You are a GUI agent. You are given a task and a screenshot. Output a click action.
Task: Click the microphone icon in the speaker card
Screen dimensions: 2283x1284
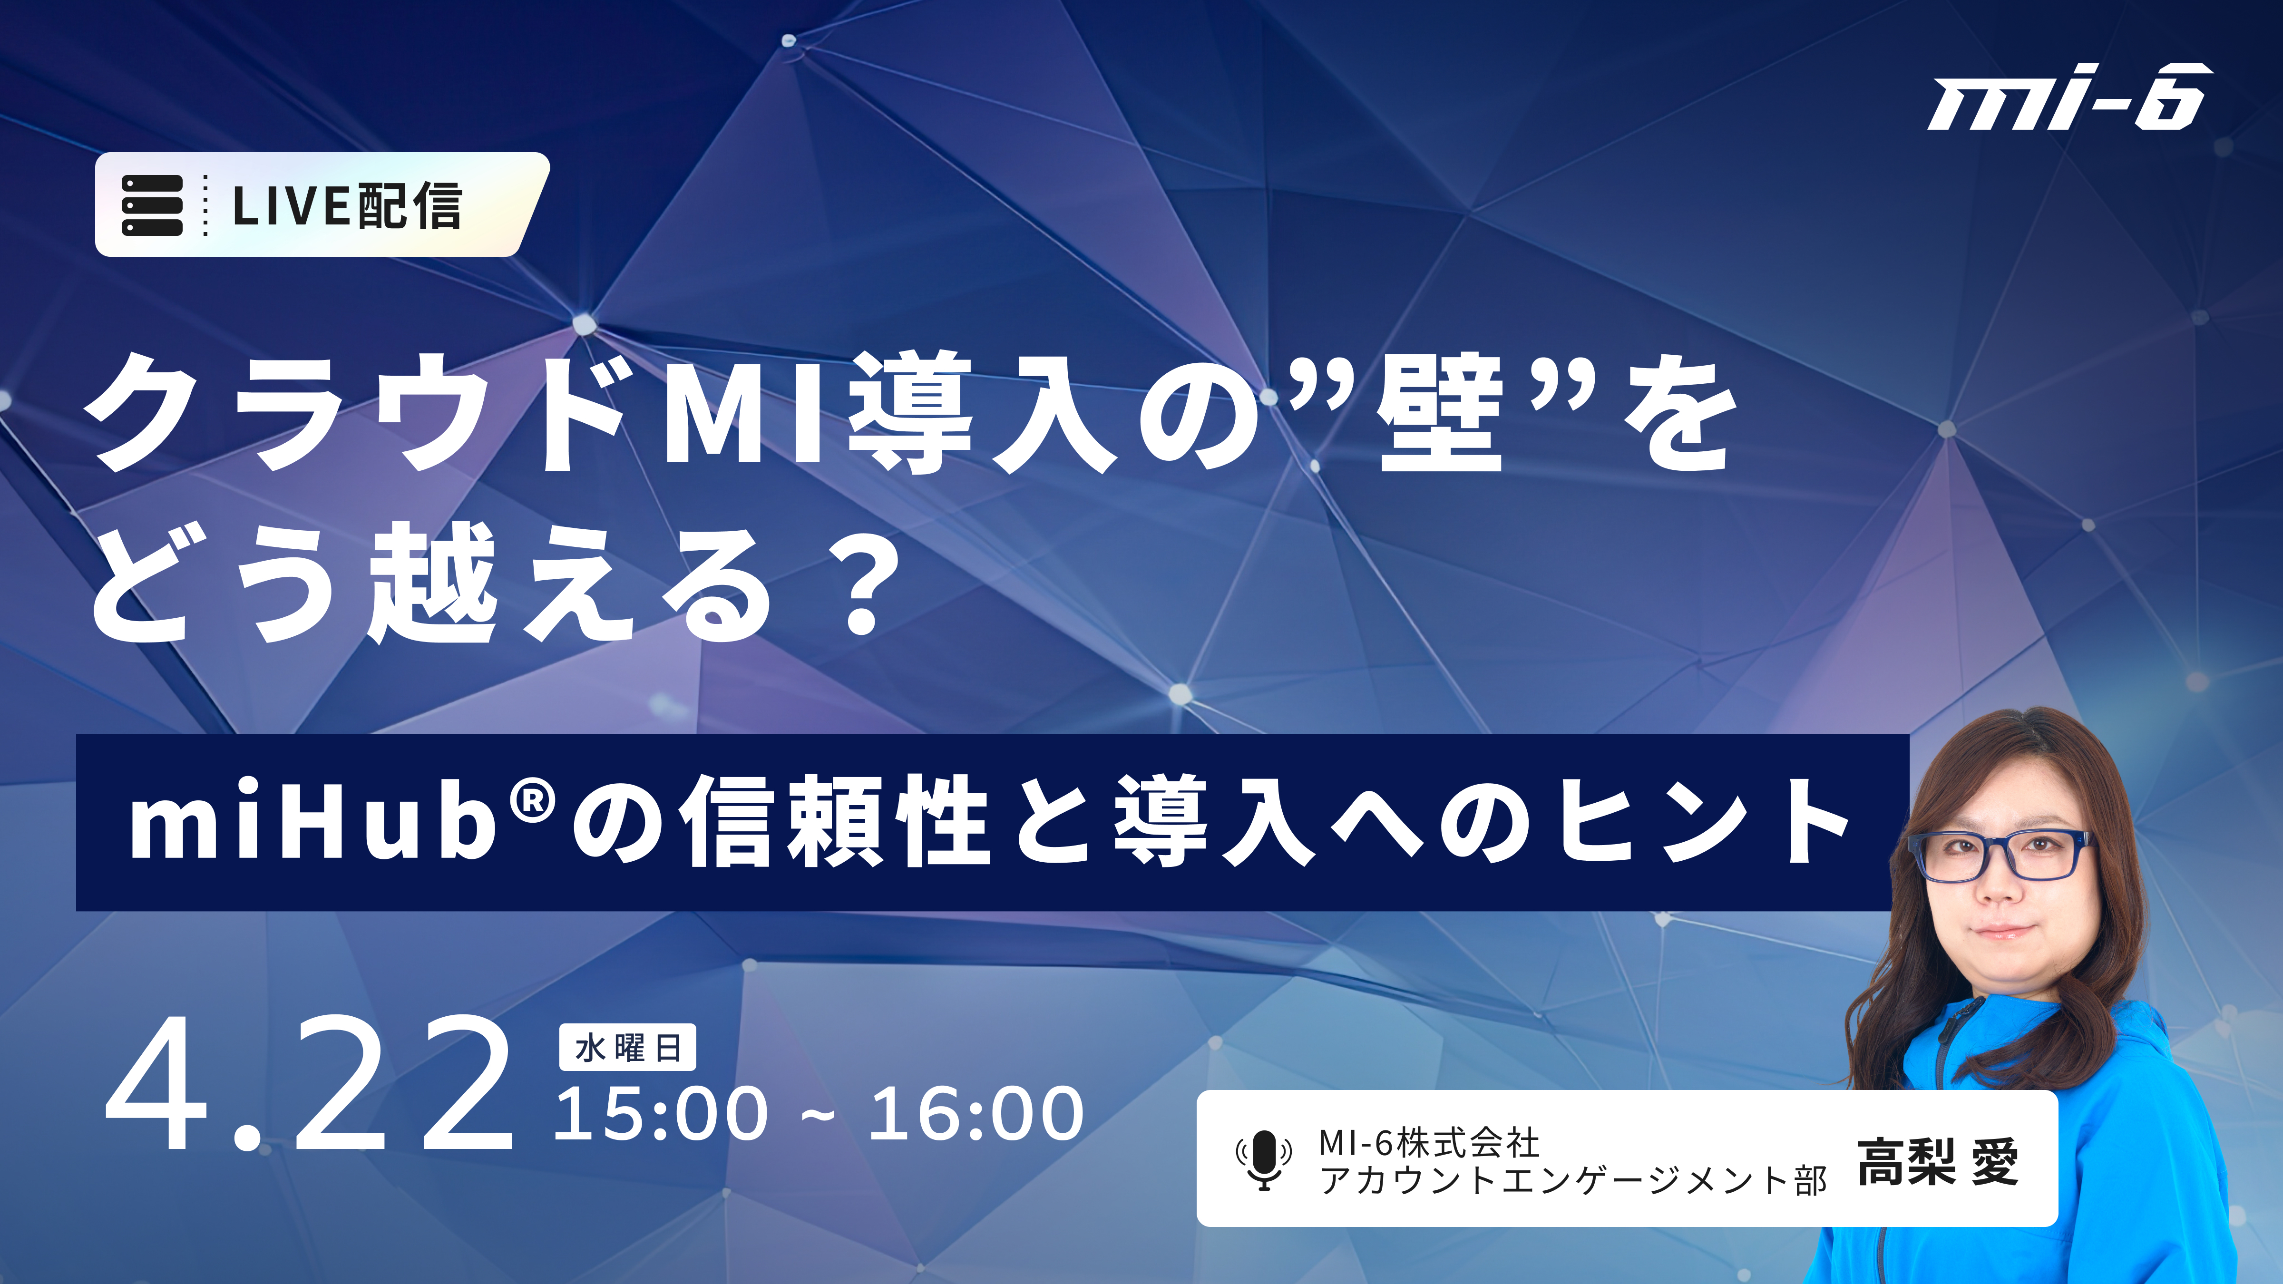(1264, 1159)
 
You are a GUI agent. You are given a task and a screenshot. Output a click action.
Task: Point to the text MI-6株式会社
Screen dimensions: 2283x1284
(1429, 1143)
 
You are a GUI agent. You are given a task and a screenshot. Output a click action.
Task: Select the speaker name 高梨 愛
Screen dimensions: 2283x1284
(1938, 1162)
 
